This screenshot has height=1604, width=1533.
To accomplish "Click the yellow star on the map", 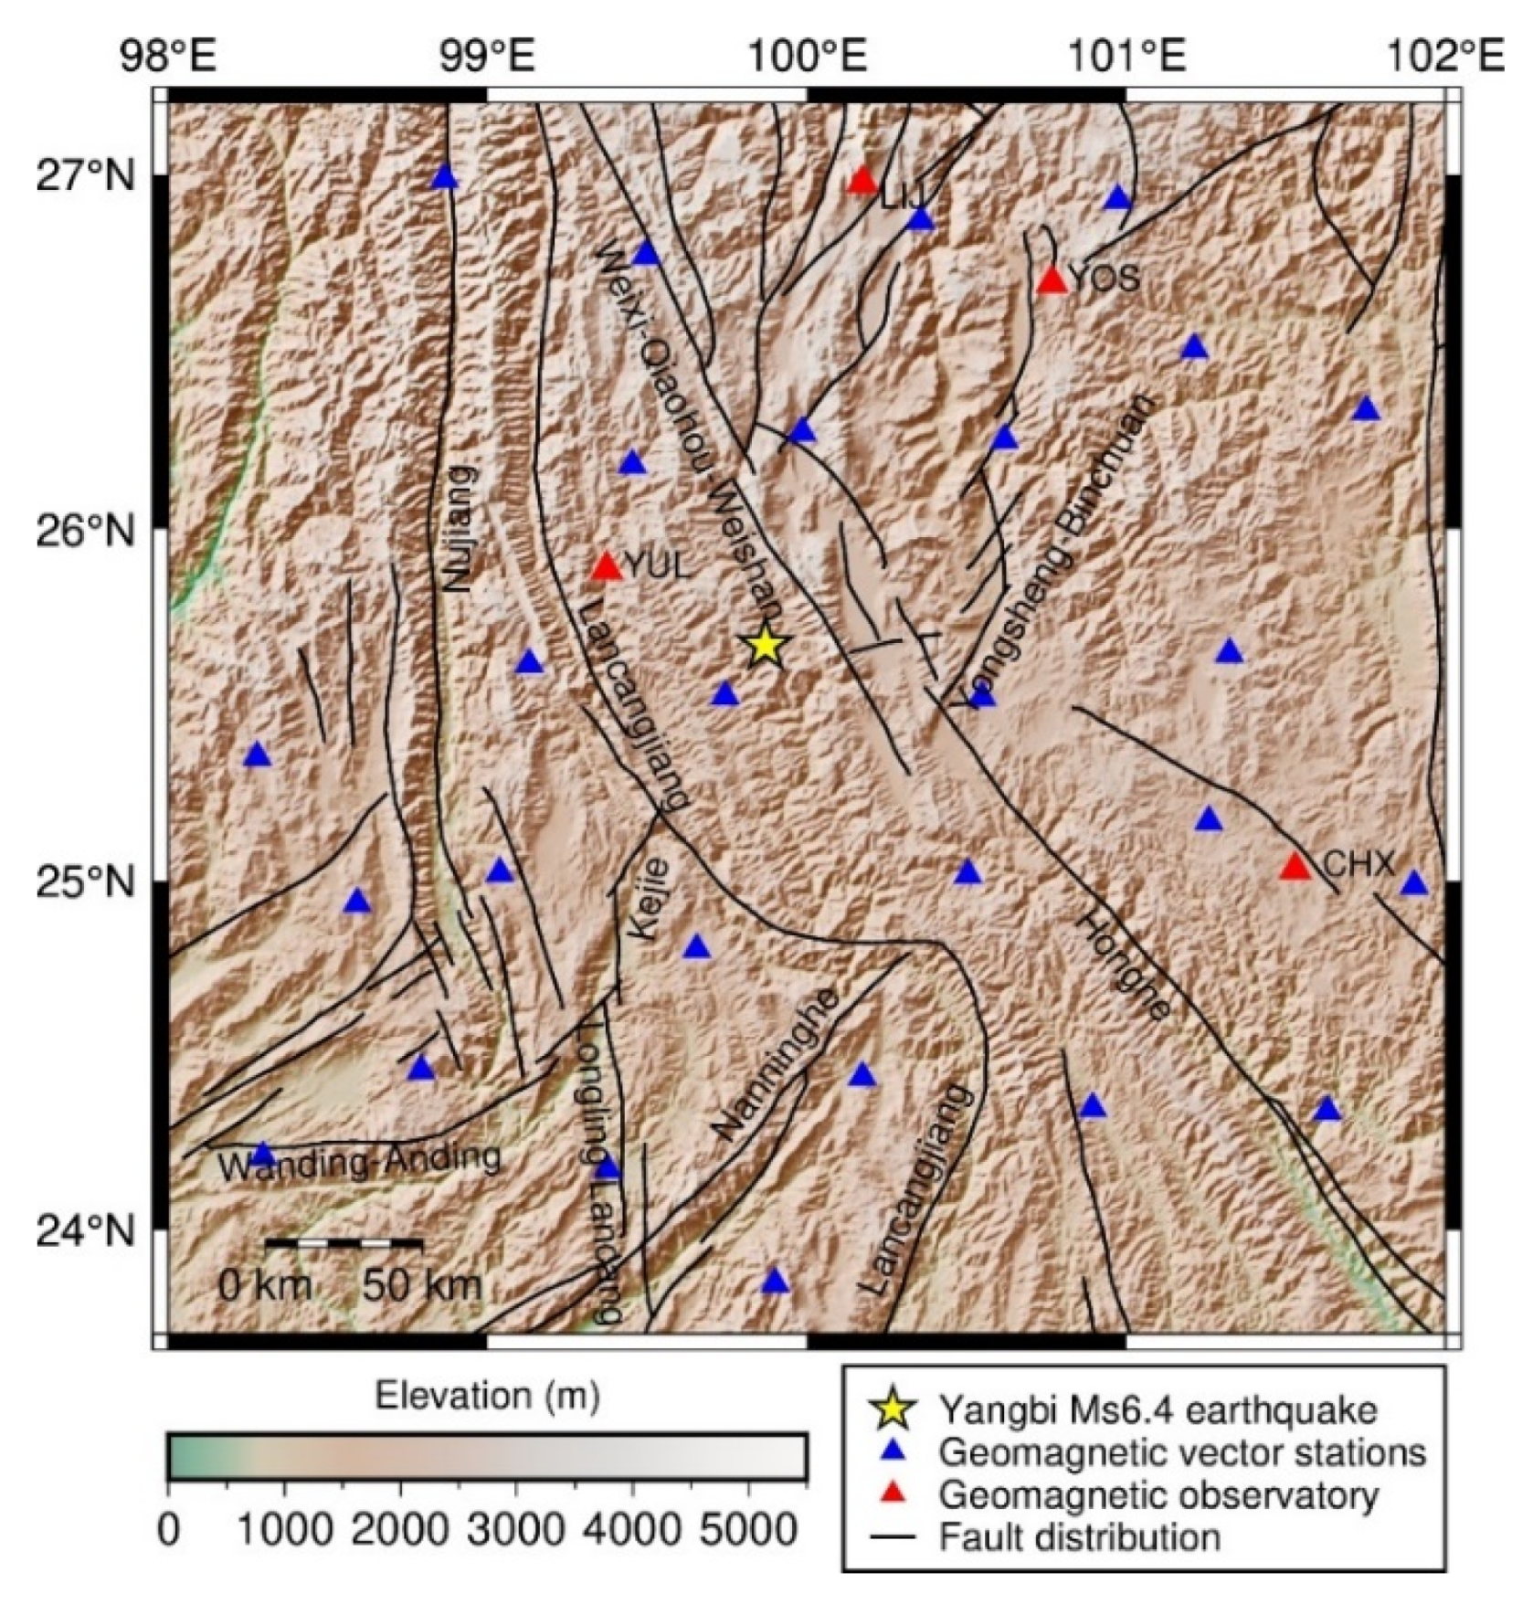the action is [766, 646].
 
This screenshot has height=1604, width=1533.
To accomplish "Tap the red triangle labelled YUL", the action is [607, 567].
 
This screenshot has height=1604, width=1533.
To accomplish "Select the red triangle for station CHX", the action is [1295, 867].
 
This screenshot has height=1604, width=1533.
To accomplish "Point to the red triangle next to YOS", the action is [1052, 280].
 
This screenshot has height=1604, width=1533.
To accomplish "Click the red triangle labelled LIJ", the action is [862, 182].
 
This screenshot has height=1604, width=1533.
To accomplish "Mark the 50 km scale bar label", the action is [421, 1285].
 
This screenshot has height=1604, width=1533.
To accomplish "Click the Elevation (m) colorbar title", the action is [487, 1396].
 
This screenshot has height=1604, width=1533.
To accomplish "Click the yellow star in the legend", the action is [892, 1409].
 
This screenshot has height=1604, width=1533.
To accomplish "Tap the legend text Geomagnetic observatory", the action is [1158, 1495].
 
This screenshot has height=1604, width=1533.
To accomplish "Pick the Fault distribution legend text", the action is [1079, 1537].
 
